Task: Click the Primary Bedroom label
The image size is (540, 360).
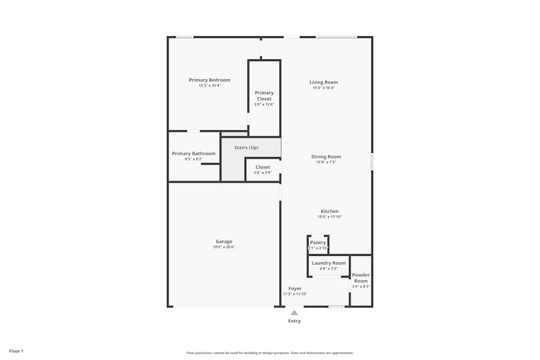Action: pyautogui.click(x=210, y=80)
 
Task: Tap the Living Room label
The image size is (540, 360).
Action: pyautogui.click(x=323, y=82)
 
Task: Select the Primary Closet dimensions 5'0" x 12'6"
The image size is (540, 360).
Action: pyautogui.click(x=264, y=104)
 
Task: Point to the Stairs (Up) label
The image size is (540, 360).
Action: pyautogui.click(x=246, y=147)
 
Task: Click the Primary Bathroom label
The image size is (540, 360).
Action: pyautogui.click(x=194, y=153)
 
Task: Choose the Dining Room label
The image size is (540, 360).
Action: pyautogui.click(x=326, y=157)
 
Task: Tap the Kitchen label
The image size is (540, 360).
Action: pyautogui.click(x=329, y=211)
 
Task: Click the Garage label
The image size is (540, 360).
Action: pyautogui.click(x=224, y=241)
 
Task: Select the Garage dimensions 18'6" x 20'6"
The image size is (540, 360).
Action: pyautogui.click(x=224, y=247)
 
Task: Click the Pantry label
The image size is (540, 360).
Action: pyautogui.click(x=318, y=242)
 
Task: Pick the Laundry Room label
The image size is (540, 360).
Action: pyautogui.click(x=328, y=263)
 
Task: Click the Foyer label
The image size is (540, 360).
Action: pyautogui.click(x=295, y=288)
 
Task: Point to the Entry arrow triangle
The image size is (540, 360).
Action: pyautogui.click(x=294, y=313)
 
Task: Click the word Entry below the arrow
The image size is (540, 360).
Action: pyautogui.click(x=294, y=321)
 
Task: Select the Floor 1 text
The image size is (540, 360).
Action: pyautogui.click(x=16, y=351)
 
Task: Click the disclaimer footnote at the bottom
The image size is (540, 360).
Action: pyautogui.click(x=270, y=352)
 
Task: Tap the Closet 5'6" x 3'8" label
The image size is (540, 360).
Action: pyautogui.click(x=262, y=167)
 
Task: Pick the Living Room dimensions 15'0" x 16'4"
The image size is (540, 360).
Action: pyautogui.click(x=323, y=88)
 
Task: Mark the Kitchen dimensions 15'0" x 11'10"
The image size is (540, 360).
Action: pyautogui.click(x=329, y=217)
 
